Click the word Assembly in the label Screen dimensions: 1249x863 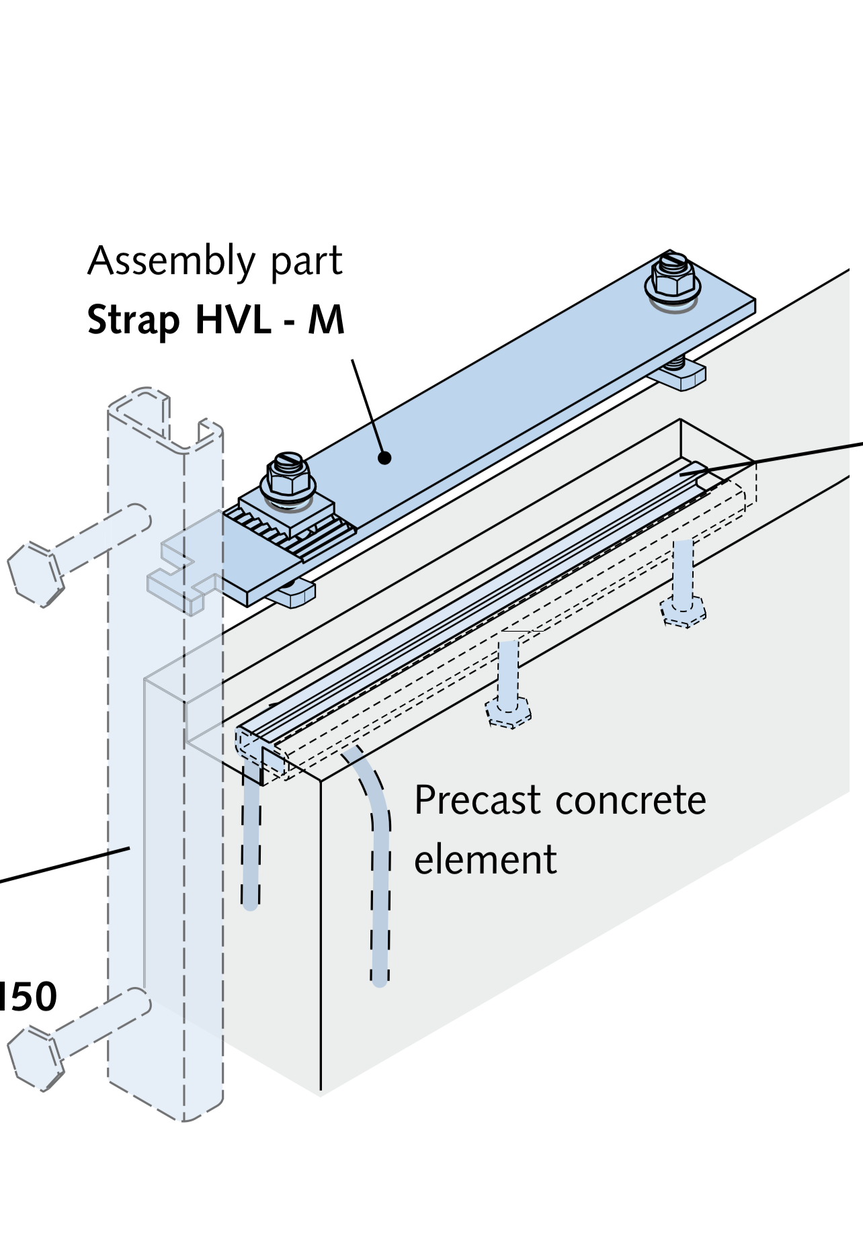pos(171,261)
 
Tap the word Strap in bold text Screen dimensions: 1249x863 pos(132,320)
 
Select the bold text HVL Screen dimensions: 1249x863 pos(233,319)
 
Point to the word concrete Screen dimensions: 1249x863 pos(637,800)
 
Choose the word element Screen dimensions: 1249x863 pos(485,860)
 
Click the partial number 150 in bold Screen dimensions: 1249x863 pos(28,996)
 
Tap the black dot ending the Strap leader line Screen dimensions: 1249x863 pos(384,458)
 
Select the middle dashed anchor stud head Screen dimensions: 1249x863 pos(509,713)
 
